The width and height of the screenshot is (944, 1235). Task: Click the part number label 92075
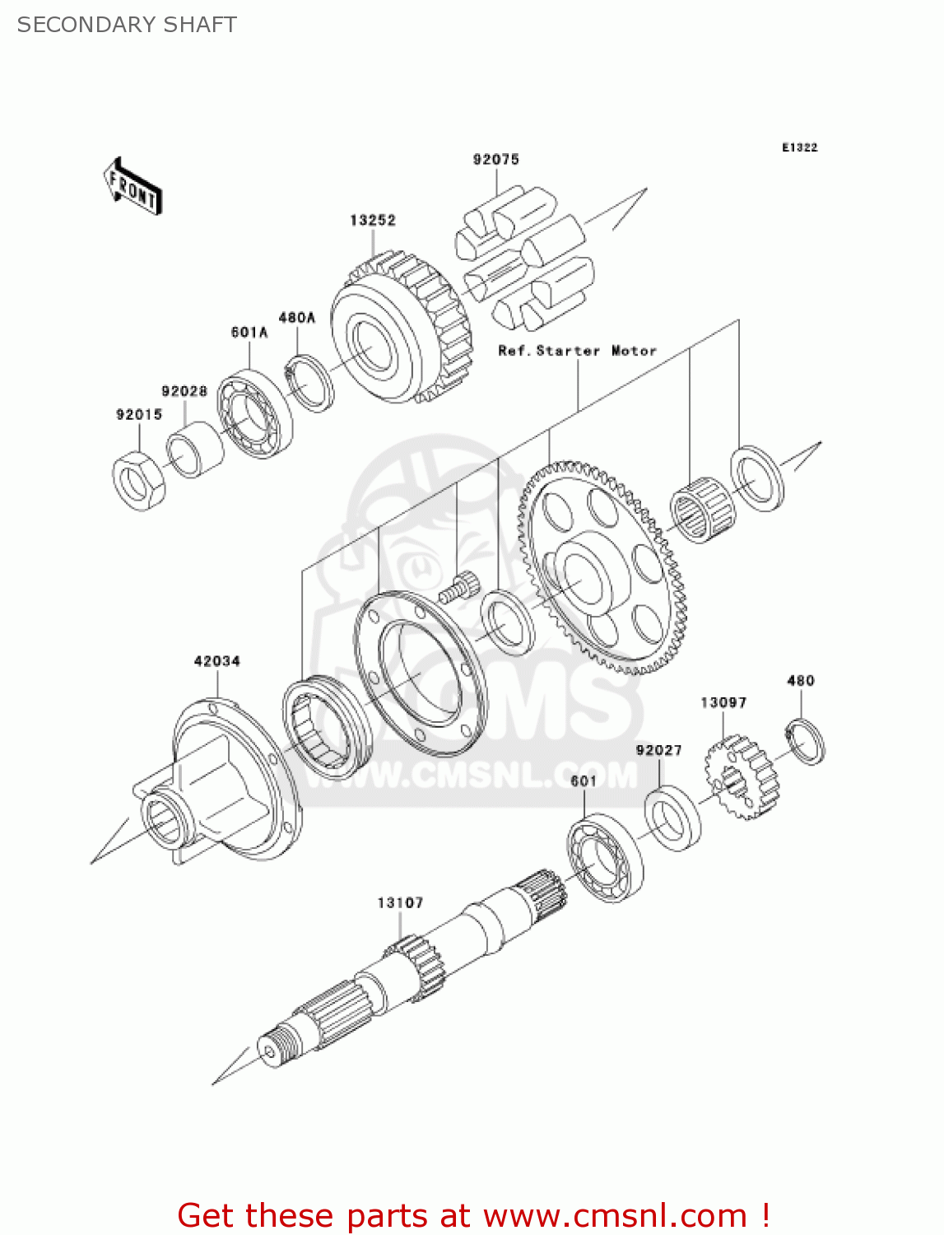tap(495, 160)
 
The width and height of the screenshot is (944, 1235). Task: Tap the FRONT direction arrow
tap(133, 187)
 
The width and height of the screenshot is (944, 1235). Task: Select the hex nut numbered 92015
tap(138, 481)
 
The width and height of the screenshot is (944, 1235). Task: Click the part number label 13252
tap(372, 221)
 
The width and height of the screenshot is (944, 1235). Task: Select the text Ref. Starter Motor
tap(577, 351)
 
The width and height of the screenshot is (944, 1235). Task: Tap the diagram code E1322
tap(799, 147)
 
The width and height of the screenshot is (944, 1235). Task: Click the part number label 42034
tap(216, 661)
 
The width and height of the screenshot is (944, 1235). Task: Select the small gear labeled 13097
tap(741, 778)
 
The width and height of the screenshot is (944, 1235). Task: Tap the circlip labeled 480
tap(805, 741)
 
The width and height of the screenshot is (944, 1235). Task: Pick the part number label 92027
tap(658, 750)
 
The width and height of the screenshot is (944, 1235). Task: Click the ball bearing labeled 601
tap(605, 857)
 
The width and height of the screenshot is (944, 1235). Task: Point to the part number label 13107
tap(400, 903)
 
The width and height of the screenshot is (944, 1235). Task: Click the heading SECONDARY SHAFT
tap(127, 25)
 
